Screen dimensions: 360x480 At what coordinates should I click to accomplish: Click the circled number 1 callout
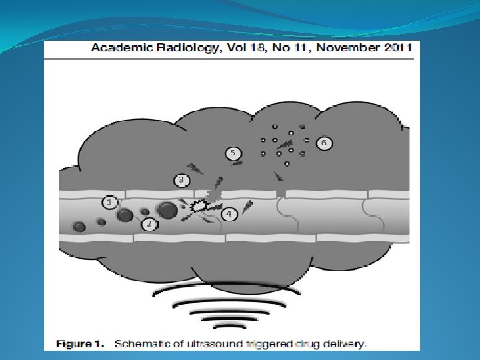110,201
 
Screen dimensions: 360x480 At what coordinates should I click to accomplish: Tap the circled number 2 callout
149,224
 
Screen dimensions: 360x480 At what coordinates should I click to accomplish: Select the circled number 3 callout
181,180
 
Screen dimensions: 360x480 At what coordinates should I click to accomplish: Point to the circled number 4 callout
229,214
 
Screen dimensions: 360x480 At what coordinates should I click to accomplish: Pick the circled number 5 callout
233,153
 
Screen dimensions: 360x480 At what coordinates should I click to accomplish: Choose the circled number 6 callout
324,143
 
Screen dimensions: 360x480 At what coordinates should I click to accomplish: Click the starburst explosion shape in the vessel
199,207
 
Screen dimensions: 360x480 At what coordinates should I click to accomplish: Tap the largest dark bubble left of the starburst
167,211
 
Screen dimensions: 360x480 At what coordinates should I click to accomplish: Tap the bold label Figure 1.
80,344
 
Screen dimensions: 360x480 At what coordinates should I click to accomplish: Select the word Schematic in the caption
144,344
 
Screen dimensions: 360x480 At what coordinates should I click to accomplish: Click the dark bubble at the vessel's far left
79,227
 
